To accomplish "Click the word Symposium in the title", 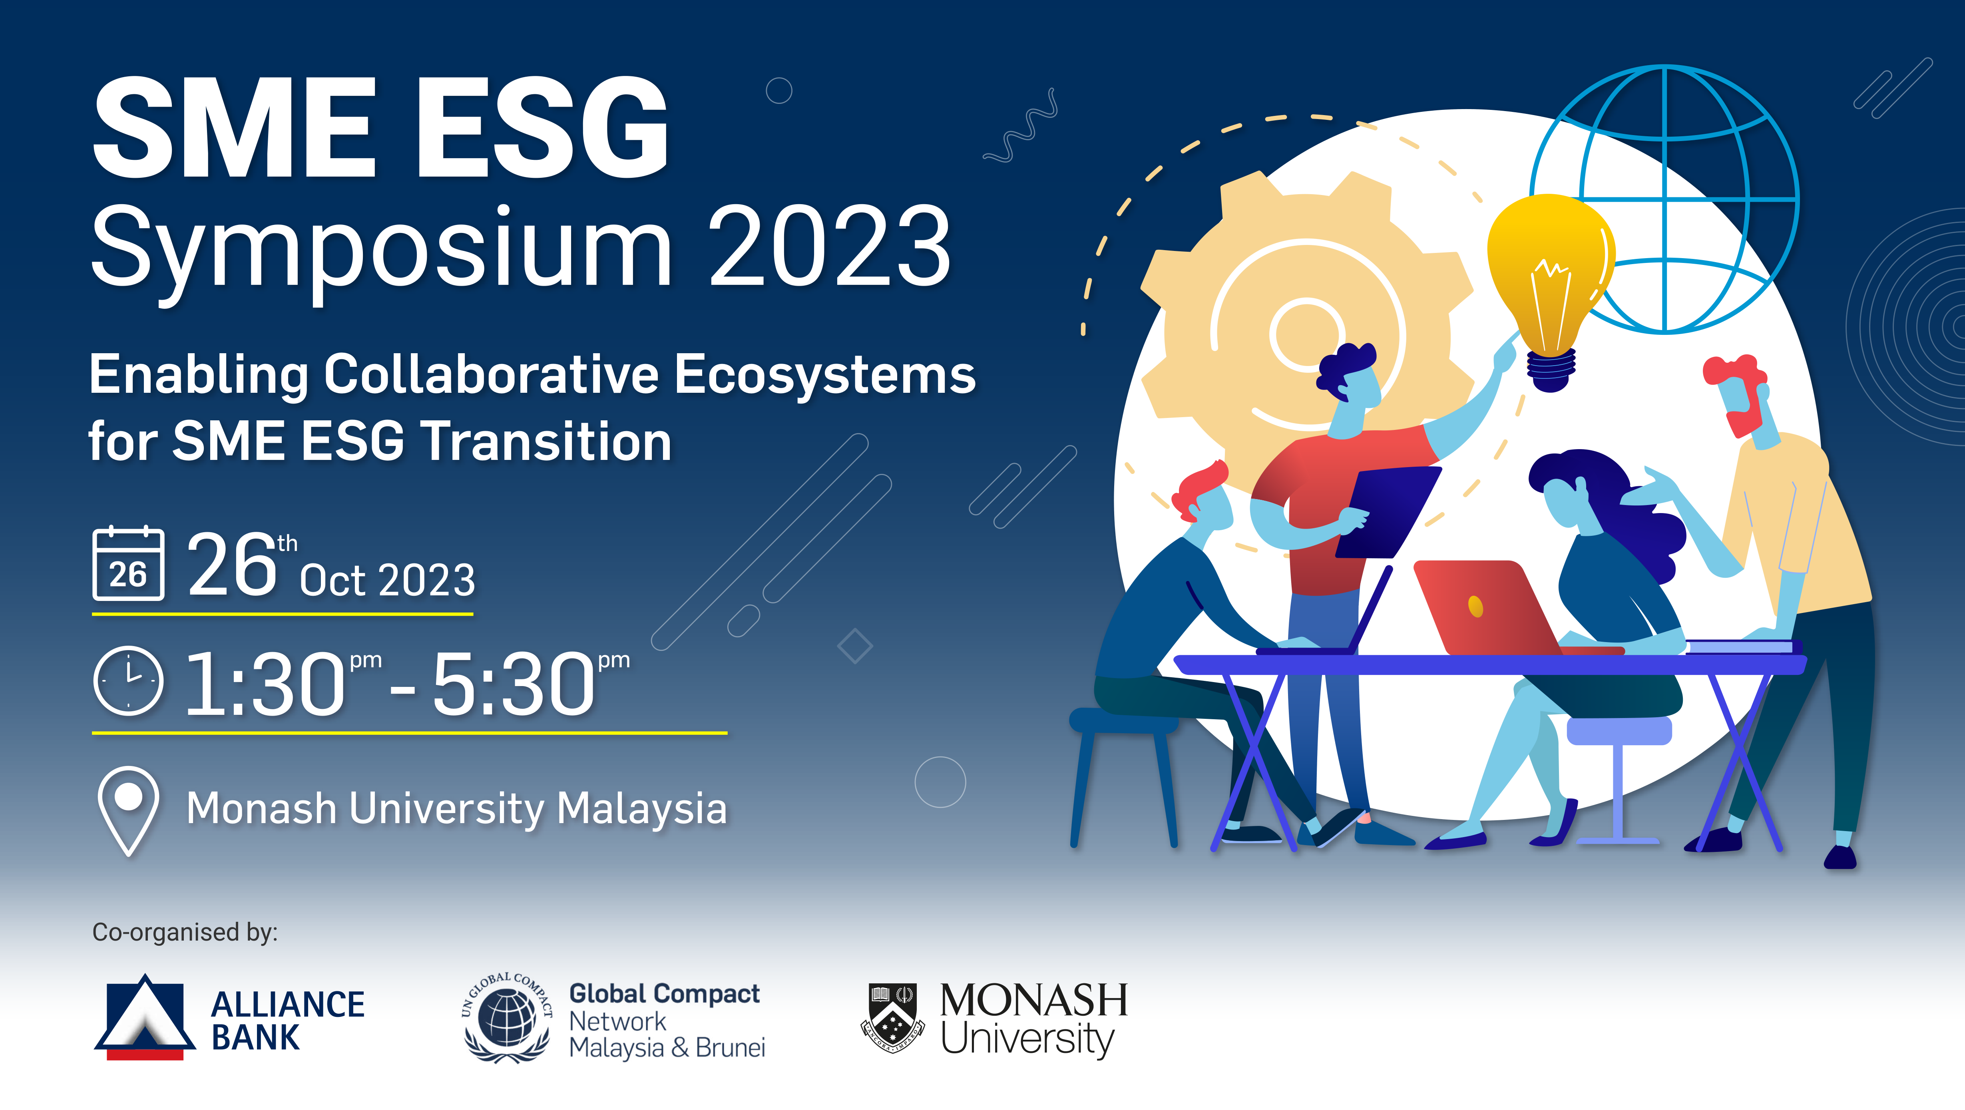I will [x=381, y=248].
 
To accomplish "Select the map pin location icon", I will [x=128, y=809].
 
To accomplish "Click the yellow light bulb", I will [x=1549, y=275].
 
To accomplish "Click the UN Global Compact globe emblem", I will [x=507, y=1018].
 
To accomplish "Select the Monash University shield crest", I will [x=892, y=1018].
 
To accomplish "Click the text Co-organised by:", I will [x=185, y=932].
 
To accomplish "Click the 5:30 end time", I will [x=515, y=684].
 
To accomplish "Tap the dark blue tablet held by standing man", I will [x=1388, y=511].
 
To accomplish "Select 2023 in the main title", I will [x=830, y=248].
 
